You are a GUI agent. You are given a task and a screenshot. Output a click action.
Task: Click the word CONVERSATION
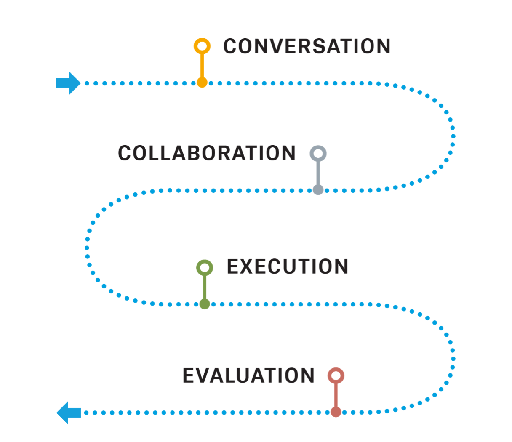[x=307, y=46]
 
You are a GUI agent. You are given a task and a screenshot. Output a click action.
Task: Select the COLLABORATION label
[x=207, y=153]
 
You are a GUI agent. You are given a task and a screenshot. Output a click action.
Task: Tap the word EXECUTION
[x=287, y=267]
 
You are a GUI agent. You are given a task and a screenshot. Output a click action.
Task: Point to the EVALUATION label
[x=248, y=375]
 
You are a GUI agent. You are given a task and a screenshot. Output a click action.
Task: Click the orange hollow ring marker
[x=202, y=46]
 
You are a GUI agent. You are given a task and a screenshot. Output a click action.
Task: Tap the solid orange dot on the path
[x=202, y=83]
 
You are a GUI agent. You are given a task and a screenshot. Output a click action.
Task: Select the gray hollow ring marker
[x=318, y=153]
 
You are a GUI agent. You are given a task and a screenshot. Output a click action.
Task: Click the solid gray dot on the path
[x=318, y=190]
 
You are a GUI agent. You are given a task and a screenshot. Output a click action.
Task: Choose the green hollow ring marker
[x=205, y=267]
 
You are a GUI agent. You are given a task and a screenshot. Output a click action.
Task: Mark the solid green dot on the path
[x=205, y=304]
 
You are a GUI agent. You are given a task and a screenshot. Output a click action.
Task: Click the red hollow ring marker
[x=336, y=375]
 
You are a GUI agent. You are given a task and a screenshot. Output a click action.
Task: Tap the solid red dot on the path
[x=336, y=412]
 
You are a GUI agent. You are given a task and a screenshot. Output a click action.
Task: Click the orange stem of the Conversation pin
[x=202, y=65]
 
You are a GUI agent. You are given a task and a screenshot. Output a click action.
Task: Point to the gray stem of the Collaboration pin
[x=318, y=173]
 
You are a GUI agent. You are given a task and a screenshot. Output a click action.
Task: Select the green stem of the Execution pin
[x=205, y=287]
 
